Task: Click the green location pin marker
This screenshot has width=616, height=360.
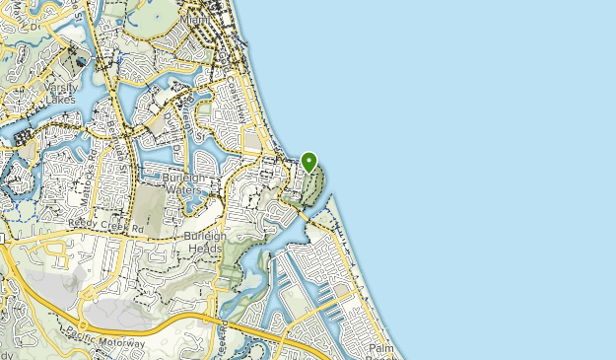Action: coord(308,162)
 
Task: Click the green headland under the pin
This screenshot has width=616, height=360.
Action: coord(313,187)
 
